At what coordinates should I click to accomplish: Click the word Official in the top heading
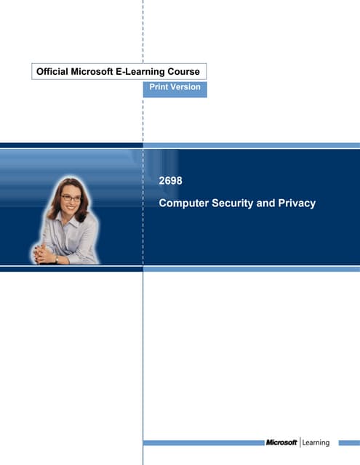click(56, 71)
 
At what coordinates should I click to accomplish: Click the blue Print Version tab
click(175, 88)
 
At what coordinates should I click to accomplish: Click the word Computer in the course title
click(183, 203)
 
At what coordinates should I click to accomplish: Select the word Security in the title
click(231, 203)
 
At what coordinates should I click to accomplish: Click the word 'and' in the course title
click(265, 203)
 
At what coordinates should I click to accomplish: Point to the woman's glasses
click(71, 198)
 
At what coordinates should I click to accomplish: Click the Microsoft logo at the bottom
click(281, 442)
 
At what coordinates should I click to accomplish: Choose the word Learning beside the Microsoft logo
click(316, 442)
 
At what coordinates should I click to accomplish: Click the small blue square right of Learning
click(345, 442)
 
